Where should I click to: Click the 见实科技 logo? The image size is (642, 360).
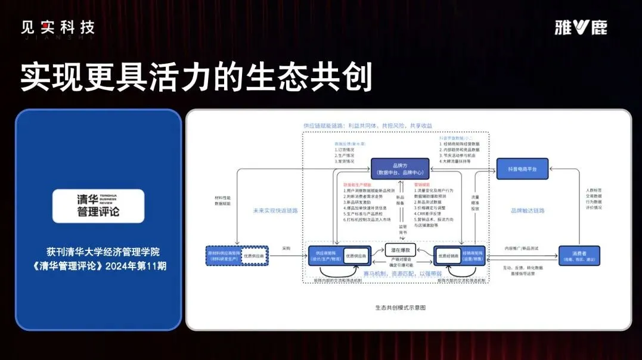coord(58,28)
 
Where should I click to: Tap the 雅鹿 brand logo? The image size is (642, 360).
coord(581,27)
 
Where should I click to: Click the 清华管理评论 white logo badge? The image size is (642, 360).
coord(98,206)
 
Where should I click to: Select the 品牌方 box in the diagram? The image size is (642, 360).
coord(400,169)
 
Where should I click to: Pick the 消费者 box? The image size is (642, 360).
coord(579,255)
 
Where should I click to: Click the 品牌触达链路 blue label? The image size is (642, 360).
coord(528,210)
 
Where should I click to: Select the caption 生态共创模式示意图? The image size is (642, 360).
coord(400,308)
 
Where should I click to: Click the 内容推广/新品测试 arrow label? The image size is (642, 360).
coord(522,248)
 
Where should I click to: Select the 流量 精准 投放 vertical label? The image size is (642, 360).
coord(475,203)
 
